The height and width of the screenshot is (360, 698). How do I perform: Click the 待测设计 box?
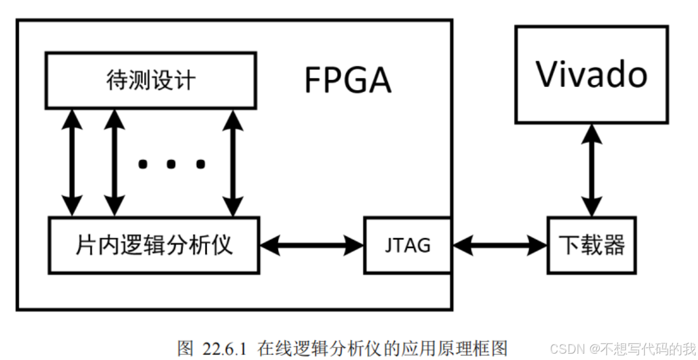pos(150,80)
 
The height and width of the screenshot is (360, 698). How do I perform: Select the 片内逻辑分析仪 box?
pos(154,245)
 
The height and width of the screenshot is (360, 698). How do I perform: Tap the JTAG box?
pos(407,245)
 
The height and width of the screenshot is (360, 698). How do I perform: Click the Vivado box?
pos(592,74)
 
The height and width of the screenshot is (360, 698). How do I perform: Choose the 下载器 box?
pos(592,245)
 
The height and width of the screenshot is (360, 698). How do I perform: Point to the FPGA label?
pos(347,81)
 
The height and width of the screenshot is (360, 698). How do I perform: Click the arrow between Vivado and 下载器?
pos(592,170)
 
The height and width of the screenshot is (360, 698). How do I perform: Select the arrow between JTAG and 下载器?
pos(499,245)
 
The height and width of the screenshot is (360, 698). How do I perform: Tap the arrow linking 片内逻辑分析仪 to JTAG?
pos(312,245)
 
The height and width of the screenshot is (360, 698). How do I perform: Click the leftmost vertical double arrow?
pos(73,163)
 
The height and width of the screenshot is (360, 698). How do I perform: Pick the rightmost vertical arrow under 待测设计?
pos(232,163)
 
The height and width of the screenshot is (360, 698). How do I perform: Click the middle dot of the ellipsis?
pos(171,164)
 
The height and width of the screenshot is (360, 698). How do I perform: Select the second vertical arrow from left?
pos(114,163)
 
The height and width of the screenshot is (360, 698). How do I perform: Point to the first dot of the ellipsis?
pos(143,164)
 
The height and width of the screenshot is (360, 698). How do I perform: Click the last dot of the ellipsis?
pos(200,164)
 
